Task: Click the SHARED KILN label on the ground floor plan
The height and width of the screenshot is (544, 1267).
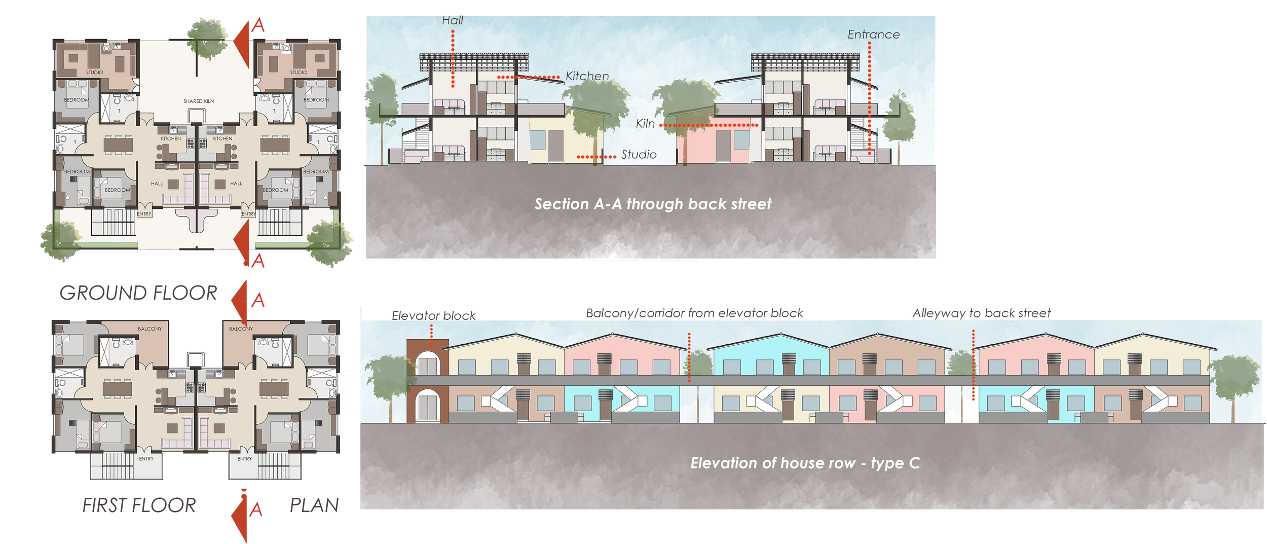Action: pyautogui.click(x=199, y=101)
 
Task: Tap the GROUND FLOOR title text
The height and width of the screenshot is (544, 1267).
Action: pyautogui.click(x=138, y=293)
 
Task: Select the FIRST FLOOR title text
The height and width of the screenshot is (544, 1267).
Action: pyautogui.click(x=139, y=505)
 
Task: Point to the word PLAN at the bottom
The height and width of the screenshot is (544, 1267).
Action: pyautogui.click(x=314, y=505)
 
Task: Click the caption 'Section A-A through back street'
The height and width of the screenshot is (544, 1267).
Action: pyautogui.click(x=653, y=204)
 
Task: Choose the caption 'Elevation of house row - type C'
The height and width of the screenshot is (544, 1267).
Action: pyautogui.click(x=805, y=463)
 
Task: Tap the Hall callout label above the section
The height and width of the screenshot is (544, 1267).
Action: pyautogui.click(x=452, y=21)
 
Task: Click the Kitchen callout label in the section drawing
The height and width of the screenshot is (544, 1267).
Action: pyautogui.click(x=587, y=76)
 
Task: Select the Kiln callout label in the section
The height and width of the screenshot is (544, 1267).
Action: pyautogui.click(x=645, y=124)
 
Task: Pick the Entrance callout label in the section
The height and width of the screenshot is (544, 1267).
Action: pyautogui.click(x=874, y=34)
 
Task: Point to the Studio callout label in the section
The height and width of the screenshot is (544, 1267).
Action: pyautogui.click(x=639, y=155)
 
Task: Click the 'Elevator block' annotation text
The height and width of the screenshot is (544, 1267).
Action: pyautogui.click(x=434, y=316)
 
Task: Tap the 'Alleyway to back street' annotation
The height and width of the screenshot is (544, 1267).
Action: pyautogui.click(x=982, y=313)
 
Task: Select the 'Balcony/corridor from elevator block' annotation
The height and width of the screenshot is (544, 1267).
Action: pyautogui.click(x=694, y=313)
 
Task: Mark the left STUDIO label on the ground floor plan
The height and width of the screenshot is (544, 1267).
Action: pyautogui.click(x=94, y=72)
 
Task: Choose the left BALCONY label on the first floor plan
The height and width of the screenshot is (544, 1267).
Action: pyautogui.click(x=150, y=329)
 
